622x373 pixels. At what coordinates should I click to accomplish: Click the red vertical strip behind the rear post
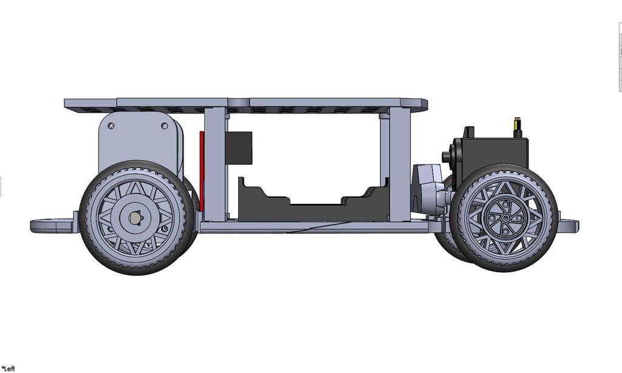[x=202, y=171]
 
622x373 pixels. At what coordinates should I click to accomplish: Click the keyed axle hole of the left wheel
[x=135, y=218]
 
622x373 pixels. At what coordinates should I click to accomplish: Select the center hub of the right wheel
[x=505, y=218]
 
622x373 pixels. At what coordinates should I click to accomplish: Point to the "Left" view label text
[x=9, y=369]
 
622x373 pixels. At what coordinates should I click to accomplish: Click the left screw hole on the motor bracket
[x=111, y=126]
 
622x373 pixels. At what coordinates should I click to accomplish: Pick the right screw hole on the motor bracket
[x=164, y=126]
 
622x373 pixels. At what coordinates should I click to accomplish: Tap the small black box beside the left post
[x=239, y=148]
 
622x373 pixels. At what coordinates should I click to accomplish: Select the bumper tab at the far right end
[x=569, y=226]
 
